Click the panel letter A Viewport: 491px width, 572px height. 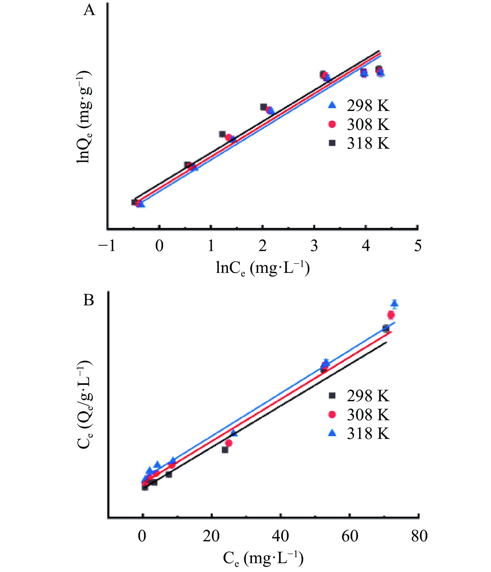(x=89, y=11)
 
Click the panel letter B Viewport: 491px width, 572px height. (x=89, y=301)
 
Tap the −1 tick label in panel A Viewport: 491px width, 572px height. (x=107, y=246)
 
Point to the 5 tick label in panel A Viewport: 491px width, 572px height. (x=418, y=246)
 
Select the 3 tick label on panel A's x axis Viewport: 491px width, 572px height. (x=314, y=246)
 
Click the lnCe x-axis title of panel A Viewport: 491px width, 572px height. (x=263, y=268)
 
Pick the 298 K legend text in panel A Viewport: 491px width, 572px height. (x=368, y=106)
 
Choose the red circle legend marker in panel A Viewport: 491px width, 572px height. (x=332, y=124)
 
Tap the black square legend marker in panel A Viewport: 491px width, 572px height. (x=332, y=143)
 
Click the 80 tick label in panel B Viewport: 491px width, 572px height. (x=419, y=536)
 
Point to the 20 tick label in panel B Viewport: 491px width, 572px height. (x=211, y=536)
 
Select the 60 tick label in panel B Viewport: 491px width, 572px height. (x=350, y=536)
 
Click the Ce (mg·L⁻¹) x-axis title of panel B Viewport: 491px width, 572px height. (x=263, y=559)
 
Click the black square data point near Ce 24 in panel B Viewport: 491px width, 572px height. (x=225, y=450)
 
